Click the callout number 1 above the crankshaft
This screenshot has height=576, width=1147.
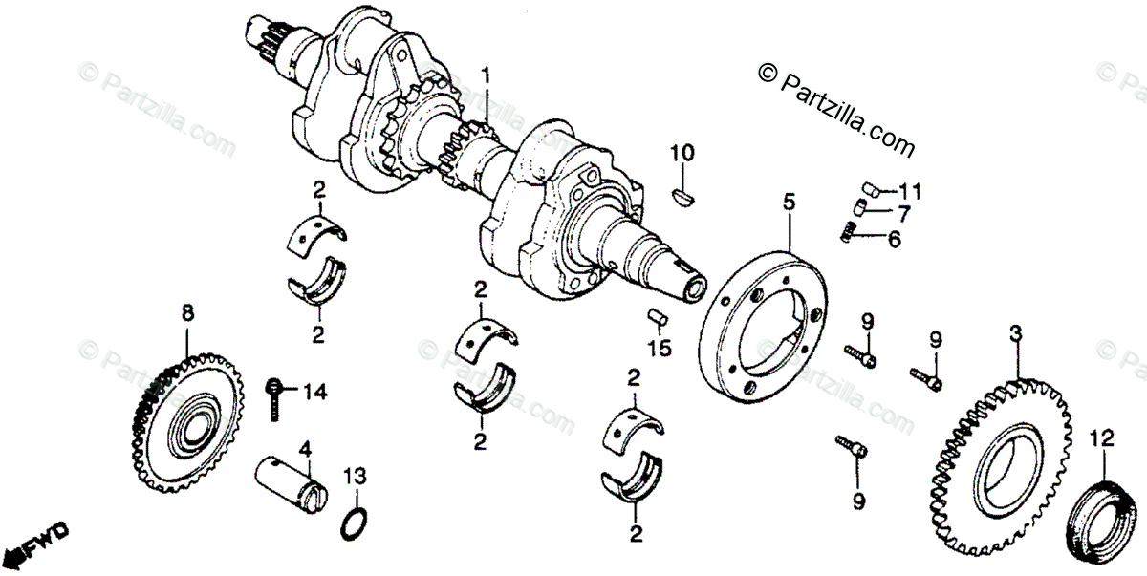click(486, 75)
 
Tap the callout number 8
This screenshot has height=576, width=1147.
click(187, 311)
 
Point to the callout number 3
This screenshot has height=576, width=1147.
click(1017, 333)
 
